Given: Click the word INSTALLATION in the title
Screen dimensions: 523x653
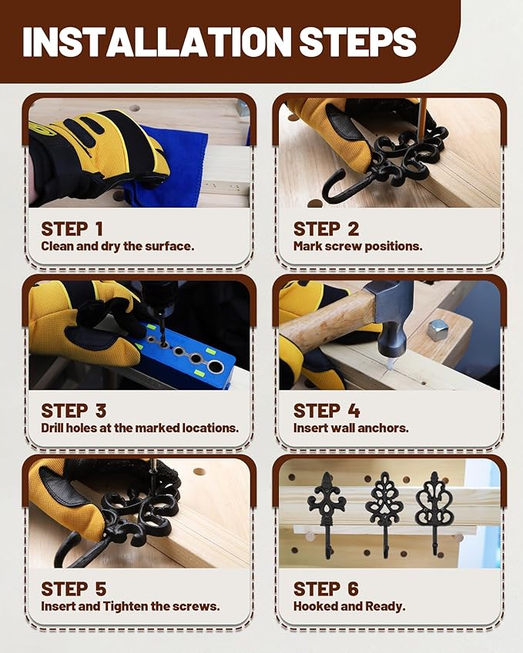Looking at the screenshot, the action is (157, 42).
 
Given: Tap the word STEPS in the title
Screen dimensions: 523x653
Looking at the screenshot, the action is (358, 42).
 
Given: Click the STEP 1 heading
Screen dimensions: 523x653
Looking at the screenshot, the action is (72, 229).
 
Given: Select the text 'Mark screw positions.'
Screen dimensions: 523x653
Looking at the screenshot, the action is (358, 246).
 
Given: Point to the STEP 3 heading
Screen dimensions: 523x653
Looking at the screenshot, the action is (74, 411).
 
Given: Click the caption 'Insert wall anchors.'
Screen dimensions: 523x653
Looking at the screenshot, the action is (350, 428).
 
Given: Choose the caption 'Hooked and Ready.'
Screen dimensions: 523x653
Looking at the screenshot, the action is (349, 606).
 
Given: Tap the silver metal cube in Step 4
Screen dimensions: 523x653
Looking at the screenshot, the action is (438, 330).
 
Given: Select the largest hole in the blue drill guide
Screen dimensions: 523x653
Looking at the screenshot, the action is (215, 366).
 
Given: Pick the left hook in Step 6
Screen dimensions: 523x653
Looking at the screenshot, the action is (326, 515).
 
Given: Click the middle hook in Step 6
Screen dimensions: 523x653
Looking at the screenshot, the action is (384, 515).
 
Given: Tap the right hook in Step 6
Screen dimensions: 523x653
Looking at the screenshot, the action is (434, 515).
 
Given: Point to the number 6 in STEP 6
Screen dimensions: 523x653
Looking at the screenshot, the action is (353, 589).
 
